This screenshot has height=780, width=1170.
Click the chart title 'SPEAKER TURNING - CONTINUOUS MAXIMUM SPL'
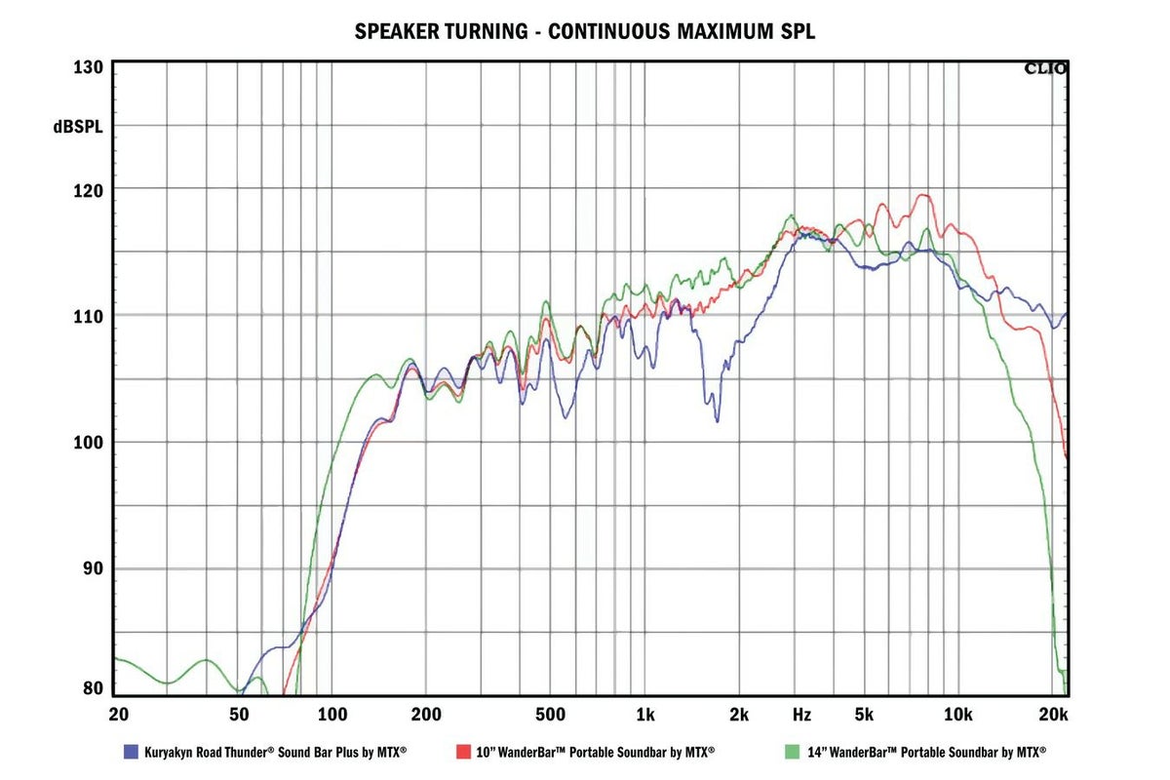point(584,31)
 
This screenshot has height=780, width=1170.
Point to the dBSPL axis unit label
point(79,126)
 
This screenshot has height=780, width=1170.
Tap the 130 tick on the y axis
point(88,68)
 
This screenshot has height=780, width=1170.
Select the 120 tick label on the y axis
point(88,188)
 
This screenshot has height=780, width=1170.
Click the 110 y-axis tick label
point(88,316)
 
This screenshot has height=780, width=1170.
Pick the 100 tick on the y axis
point(88,443)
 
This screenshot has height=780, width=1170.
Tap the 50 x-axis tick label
point(239,715)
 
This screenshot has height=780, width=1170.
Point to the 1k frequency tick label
point(644,715)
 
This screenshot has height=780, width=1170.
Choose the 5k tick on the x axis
point(863,715)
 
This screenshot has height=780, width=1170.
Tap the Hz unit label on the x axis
point(801,715)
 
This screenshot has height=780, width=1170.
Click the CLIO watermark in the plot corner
point(1044,68)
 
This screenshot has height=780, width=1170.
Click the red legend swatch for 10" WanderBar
point(463,752)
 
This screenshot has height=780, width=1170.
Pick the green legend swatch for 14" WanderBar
point(791,752)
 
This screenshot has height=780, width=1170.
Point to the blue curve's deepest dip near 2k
point(718,420)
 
